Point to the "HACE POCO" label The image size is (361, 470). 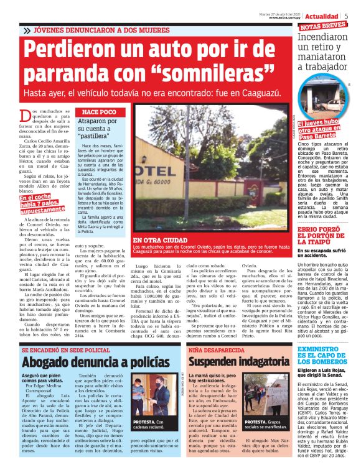click(99, 111)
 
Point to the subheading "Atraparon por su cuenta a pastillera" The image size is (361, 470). click(98, 130)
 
